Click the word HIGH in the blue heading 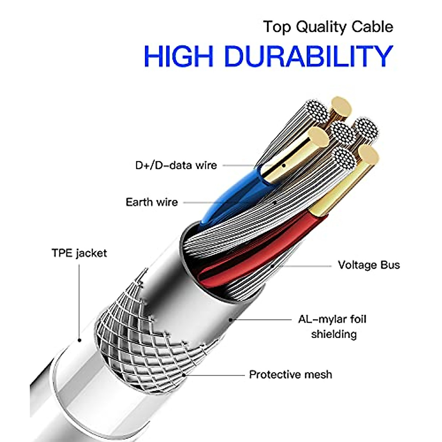[x=179, y=56]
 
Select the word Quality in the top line [x=322, y=27]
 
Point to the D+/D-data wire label [x=176, y=165]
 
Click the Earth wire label [x=151, y=202]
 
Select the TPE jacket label [x=79, y=253]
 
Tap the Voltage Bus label [x=369, y=265]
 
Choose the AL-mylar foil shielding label [x=332, y=326]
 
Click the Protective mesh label [x=291, y=375]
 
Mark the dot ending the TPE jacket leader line [x=79, y=340]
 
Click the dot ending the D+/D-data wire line [x=284, y=165]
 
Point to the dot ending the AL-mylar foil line [x=231, y=319]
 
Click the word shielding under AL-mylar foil [x=334, y=334]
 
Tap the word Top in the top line [x=277, y=27]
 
